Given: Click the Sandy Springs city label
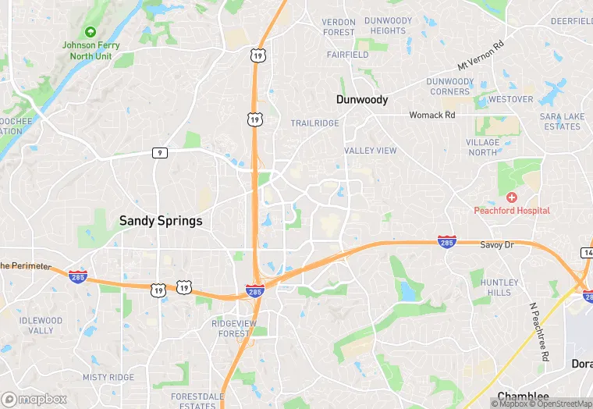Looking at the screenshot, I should click(x=160, y=221).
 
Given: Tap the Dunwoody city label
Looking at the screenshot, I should click(x=361, y=100).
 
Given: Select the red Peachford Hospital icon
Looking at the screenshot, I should click(x=512, y=197).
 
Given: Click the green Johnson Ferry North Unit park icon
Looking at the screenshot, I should click(x=91, y=32).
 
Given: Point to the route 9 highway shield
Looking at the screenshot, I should click(x=159, y=153).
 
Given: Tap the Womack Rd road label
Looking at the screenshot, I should click(x=432, y=115).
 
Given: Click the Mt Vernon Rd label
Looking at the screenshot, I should click(x=481, y=56).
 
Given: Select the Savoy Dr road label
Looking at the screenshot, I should click(x=497, y=244).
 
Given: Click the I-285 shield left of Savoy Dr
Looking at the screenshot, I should click(x=446, y=242).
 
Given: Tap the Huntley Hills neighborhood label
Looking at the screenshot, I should click(x=499, y=287).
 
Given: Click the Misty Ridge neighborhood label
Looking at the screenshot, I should click(x=108, y=377).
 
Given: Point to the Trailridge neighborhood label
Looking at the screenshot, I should click(x=315, y=123).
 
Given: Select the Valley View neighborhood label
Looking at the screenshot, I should click(x=370, y=151).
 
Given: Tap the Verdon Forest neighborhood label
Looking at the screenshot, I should click(x=339, y=27).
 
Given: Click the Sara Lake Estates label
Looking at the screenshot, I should click(x=562, y=121).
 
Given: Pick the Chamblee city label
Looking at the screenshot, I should click(x=523, y=397).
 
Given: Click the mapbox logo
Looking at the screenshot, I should click(x=34, y=399).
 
